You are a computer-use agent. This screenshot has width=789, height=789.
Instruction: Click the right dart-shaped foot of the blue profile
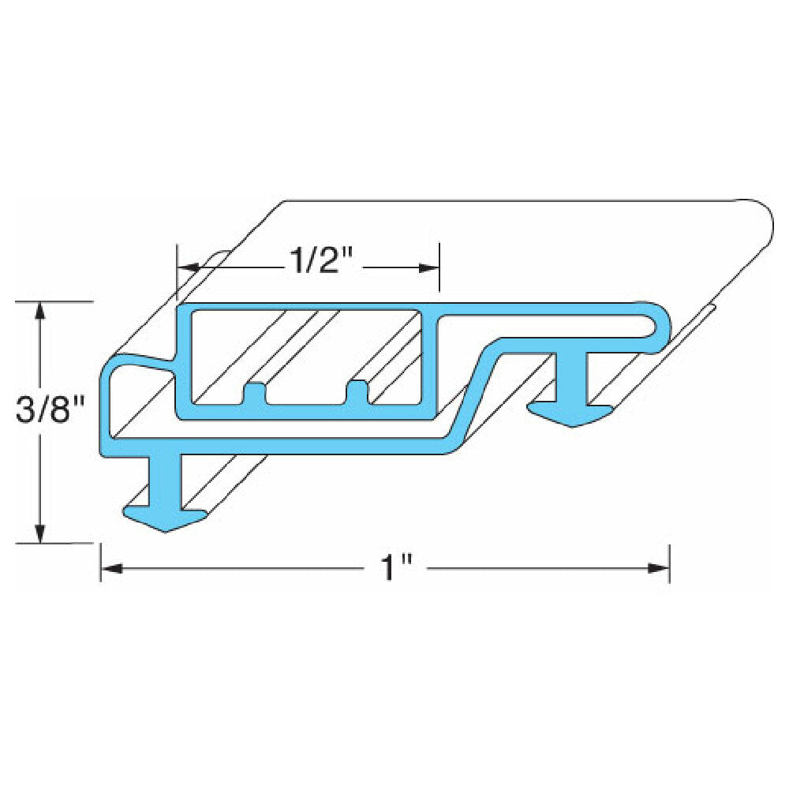pos(570,414)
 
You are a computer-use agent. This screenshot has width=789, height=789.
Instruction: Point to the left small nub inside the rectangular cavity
pos(254,392)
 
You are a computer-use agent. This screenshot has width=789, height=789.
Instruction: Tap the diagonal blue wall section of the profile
pos(475,391)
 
